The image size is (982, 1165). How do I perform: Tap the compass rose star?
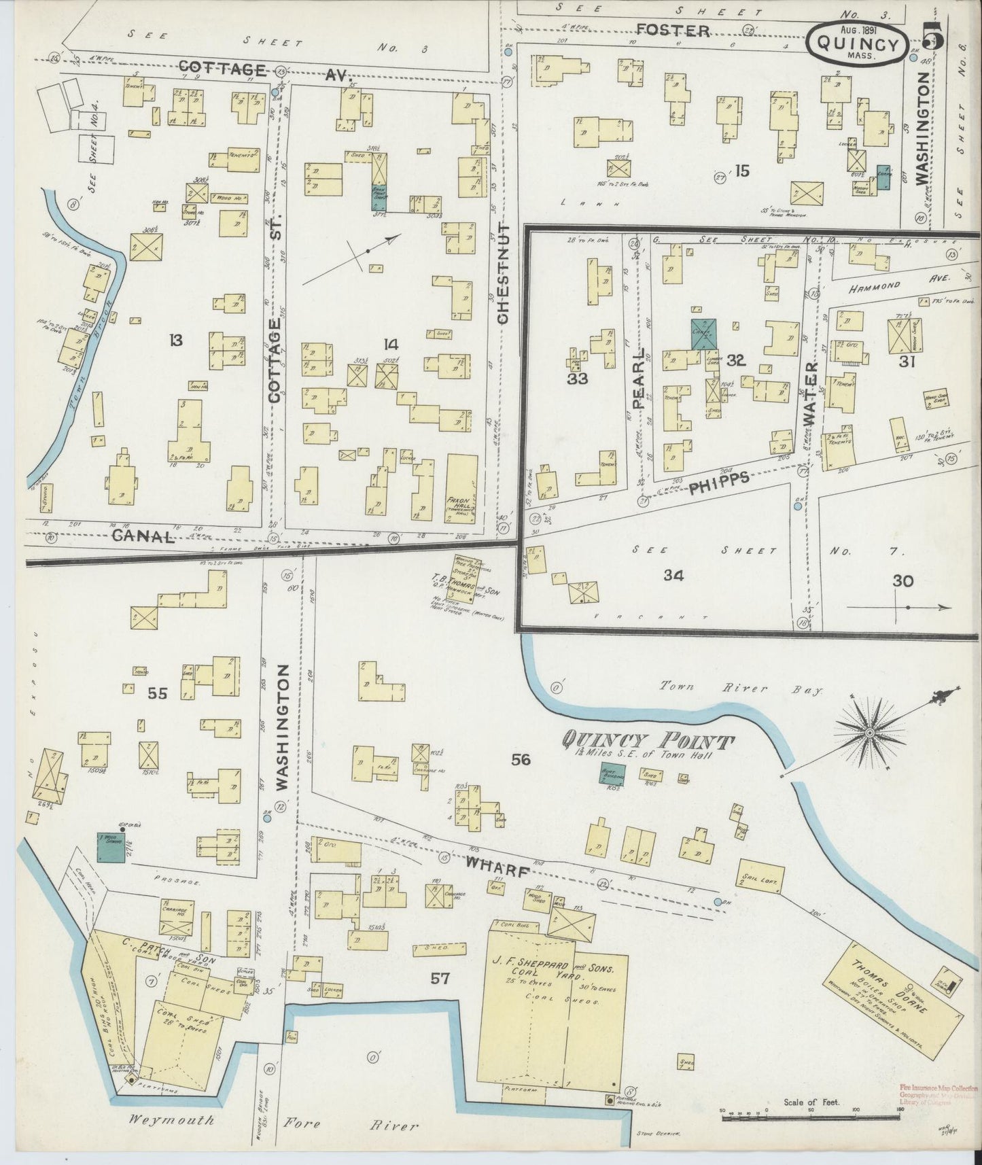(x=869, y=733)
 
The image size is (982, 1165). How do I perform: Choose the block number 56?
(x=521, y=760)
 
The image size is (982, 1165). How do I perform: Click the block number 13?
(x=176, y=340)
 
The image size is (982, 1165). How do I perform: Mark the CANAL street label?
(x=143, y=536)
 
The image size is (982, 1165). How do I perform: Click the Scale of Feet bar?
(x=810, y=1113)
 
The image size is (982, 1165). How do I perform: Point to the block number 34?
(x=673, y=576)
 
